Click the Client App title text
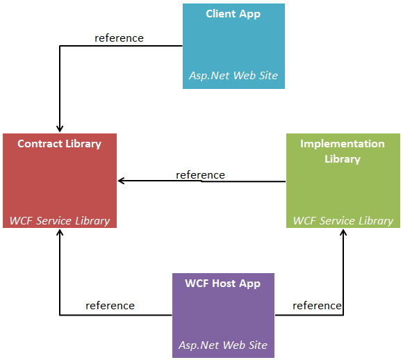(x=233, y=14)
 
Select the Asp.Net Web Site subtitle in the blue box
(x=233, y=75)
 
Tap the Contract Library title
(x=59, y=144)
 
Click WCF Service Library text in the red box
(x=60, y=220)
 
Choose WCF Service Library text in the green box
(x=343, y=220)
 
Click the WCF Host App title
(x=223, y=284)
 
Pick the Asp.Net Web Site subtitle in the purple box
(x=223, y=345)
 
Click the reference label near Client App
(x=119, y=38)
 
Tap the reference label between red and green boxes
(x=200, y=174)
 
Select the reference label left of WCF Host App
(x=110, y=305)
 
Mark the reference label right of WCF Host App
(x=317, y=305)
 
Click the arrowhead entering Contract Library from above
(x=60, y=128)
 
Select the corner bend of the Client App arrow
(x=60, y=46)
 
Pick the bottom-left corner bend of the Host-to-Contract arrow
(x=60, y=315)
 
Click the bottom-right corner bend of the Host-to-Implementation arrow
(x=343, y=315)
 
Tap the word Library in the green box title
(x=343, y=159)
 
